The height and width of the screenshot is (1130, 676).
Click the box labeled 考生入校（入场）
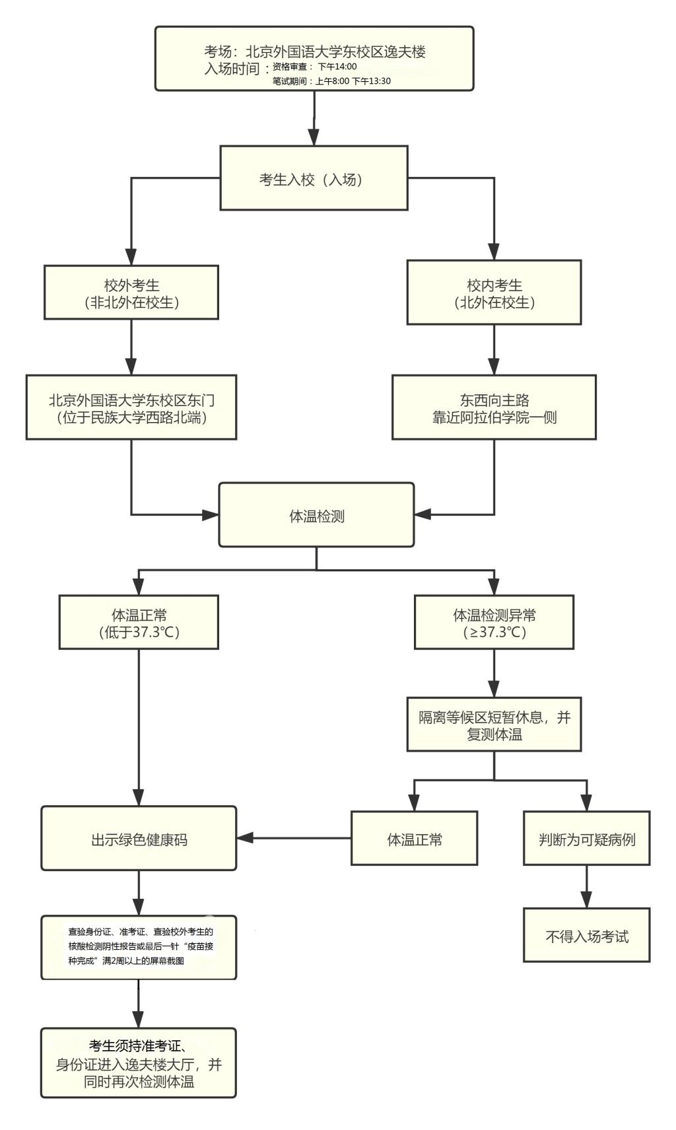click(314, 178)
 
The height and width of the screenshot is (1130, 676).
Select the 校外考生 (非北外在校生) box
click(131, 293)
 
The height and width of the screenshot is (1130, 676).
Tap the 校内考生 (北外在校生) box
click(494, 293)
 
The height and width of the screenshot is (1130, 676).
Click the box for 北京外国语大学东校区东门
click(131, 407)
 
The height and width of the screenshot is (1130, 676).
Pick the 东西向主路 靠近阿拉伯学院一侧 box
click(494, 407)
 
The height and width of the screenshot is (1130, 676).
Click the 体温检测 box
click(316, 515)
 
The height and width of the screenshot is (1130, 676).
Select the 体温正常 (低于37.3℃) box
click(139, 622)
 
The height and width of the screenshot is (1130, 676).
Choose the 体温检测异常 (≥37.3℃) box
click(494, 622)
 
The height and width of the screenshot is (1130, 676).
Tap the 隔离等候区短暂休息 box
click(494, 724)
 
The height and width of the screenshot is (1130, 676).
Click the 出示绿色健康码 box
click(139, 839)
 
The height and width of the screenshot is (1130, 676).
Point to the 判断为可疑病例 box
click(586, 839)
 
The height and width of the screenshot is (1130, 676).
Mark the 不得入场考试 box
click(586, 935)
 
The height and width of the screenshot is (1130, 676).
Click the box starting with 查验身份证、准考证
click(139, 947)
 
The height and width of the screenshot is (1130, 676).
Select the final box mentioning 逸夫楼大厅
click(139, 1063)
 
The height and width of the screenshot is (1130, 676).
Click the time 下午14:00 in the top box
click(337, 67)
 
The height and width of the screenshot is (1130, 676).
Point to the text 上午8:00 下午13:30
click(353, 81)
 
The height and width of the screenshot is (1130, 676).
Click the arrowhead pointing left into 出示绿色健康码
click(245, 838)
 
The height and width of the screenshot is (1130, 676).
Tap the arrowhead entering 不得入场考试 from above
click(586, 900)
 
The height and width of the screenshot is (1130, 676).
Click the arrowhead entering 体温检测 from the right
click(422, 514)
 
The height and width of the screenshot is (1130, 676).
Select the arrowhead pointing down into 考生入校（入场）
click(314, 137)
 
